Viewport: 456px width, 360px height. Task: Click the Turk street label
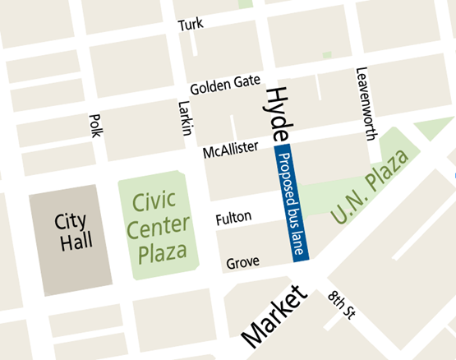[190, 25]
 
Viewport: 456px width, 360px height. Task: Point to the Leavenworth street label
[362, 104]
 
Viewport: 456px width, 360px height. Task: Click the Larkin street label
[185, 118]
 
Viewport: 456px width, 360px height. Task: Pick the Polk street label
[94, 125]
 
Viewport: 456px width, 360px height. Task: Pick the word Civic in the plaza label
[151, 201]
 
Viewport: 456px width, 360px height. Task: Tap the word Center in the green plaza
[160, 225]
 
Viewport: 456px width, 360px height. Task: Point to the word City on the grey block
[71, 221]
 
